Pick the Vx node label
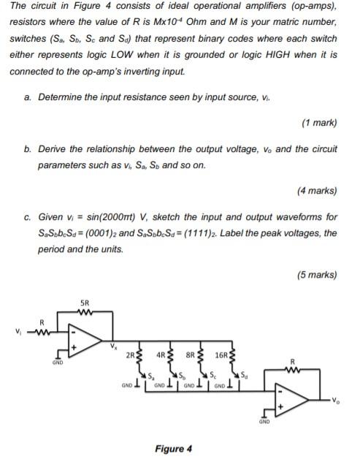[113, 346]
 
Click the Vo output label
[335, 400]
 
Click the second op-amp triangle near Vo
[288, 400]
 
